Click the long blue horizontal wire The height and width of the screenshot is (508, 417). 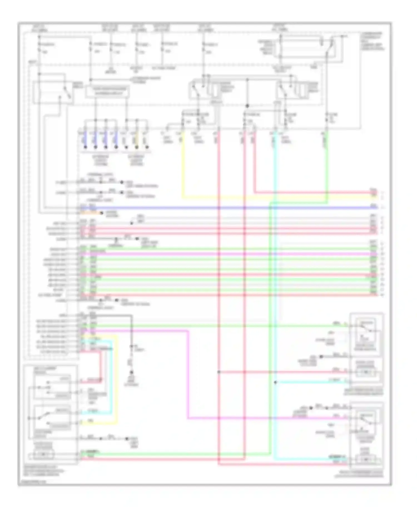222,208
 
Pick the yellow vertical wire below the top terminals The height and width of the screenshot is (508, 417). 182,167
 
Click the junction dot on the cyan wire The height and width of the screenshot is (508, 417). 275,382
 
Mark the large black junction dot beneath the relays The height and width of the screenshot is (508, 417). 247,106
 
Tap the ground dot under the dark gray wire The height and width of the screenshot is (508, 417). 131,372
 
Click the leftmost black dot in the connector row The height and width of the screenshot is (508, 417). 85,147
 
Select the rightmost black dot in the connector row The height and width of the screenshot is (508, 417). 147,147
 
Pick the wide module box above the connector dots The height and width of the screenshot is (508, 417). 107,91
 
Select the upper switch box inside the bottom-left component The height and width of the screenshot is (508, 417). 52,386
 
